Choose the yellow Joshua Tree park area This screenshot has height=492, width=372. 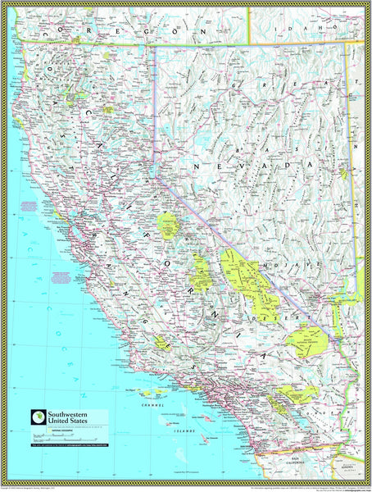[x=295, y=394]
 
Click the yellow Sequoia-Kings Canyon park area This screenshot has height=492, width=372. [x=200, y=271]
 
